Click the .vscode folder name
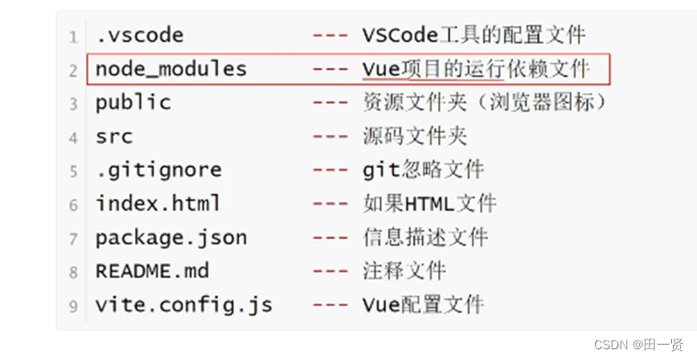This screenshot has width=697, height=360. [x=139, y=36]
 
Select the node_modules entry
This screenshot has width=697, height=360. [x=171, y=69]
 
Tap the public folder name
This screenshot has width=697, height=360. [x=133, y=103]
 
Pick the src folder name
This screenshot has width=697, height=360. [x=114, y=137]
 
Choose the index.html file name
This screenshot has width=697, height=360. [x=158, y=204]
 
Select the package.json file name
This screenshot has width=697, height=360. [x=171, y=238]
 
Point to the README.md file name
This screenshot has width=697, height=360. [x=152, y=271]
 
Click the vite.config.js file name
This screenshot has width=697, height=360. [x=183, y=305]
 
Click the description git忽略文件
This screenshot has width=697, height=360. [x=423, y=170]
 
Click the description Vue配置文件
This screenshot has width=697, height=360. [x=423, y=305]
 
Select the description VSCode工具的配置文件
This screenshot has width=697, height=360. [x=474, y=36]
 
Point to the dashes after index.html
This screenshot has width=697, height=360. [x=330, y=204]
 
